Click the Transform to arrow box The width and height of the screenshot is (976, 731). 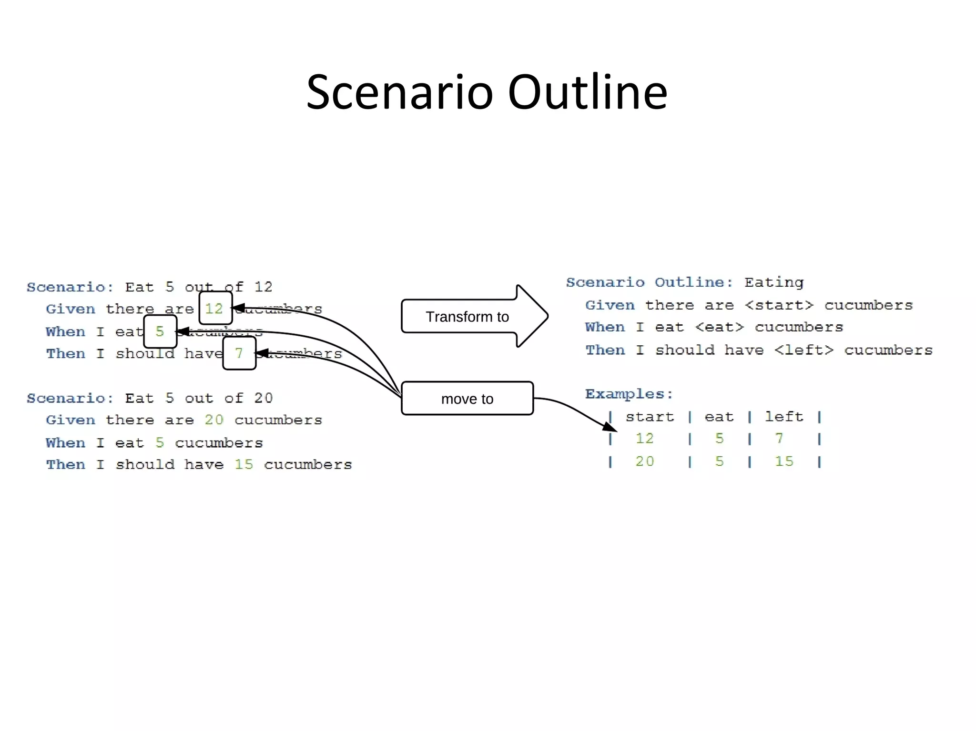(x=467, y=317)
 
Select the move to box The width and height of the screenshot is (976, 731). (x=467, y=399)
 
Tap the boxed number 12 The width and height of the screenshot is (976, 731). (x=215, y=308)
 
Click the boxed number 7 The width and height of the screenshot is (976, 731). (x=239, y=353)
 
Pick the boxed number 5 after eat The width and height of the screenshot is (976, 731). (x=160, y=331)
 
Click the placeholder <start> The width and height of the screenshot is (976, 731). (x=779, y=305)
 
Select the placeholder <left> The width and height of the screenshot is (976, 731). (x=803, y=350)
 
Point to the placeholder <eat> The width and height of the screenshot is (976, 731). (x=719, y=327)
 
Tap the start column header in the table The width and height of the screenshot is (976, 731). (x=650, y=417)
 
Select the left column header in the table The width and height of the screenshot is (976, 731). (x=784, y=417)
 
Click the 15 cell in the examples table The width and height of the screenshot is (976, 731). (x=784, y=461)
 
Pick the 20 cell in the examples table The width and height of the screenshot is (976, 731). (x=645, y=461)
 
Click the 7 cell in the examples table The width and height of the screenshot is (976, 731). (x=779, y=438)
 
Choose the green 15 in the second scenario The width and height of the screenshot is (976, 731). (x=244, y=464)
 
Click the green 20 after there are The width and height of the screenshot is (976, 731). (x=214, y=420)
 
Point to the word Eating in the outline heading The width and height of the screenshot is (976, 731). (x=774, y=282)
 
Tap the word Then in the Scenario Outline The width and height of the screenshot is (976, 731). (x=605, y=350)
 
